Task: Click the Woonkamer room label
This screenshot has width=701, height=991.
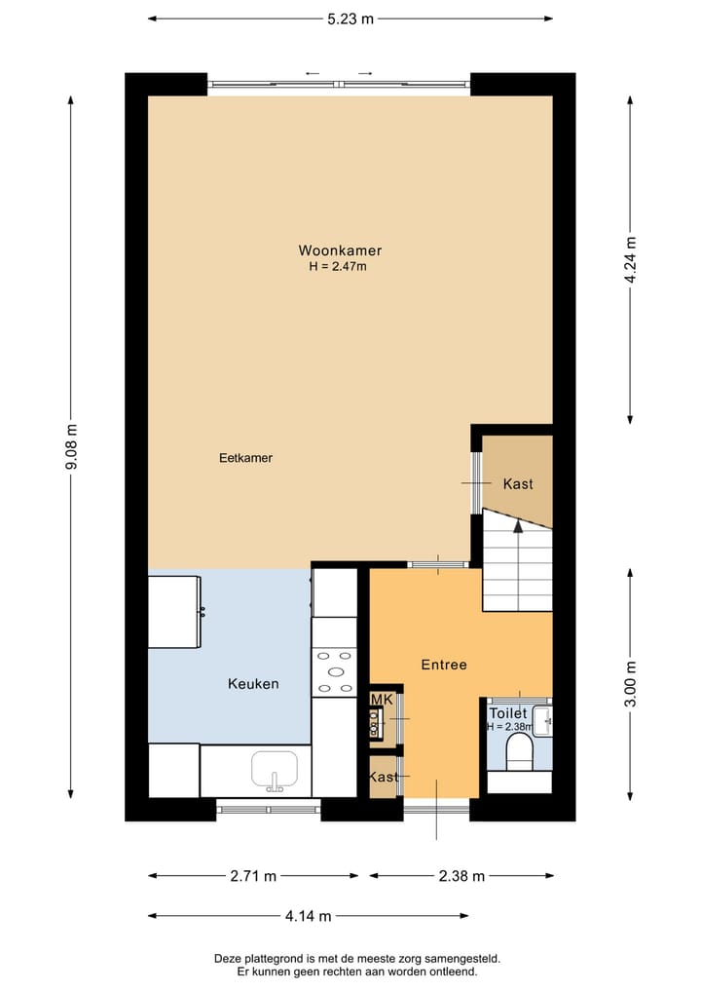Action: tap(340, 250)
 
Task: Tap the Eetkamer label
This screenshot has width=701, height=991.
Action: tap(245, 457)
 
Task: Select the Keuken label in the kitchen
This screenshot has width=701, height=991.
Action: tap(253, 683)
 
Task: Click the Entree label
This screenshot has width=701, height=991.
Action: tap(444, 665)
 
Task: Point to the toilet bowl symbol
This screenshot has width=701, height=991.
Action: tap(520, 751)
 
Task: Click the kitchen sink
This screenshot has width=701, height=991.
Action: tap(275, 770)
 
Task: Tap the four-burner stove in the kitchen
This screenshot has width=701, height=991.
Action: tap(334, 672)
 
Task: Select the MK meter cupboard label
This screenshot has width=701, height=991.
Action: tap(381, 700)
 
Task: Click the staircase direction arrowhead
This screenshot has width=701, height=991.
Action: tap(518, 526)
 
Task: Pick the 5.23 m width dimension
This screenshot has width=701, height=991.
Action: tap(350, 19)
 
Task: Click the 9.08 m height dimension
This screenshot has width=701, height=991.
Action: tap(70, 447)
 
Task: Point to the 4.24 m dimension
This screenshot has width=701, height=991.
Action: tap(631, 260)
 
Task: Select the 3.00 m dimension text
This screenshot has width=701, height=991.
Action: tap(631, 684)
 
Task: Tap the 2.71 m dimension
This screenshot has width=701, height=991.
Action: tap(253, 876)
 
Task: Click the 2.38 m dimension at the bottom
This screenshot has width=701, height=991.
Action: tap(461, 876)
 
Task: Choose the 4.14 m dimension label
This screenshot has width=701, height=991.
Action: tap(308, 916)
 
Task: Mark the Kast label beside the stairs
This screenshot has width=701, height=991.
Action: tap(518, 483)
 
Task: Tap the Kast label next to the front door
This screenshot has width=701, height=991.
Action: tap(384, 777)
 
